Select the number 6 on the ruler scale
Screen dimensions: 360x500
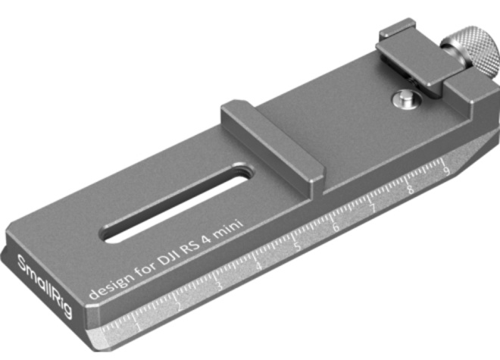334,227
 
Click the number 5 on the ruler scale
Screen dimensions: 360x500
296,246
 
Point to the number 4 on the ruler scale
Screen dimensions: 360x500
258,265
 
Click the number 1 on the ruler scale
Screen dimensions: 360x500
137,325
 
